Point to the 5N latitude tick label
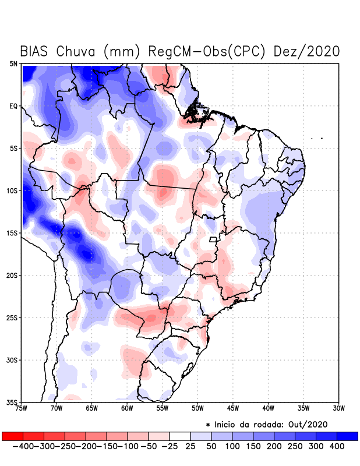13,63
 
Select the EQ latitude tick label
13,106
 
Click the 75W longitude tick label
22,408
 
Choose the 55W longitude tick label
163,408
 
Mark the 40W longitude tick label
268,408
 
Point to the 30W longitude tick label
338,408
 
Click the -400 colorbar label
23,446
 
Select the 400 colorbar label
337,446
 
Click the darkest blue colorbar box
348,436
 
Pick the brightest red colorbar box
12,436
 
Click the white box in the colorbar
179,436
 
